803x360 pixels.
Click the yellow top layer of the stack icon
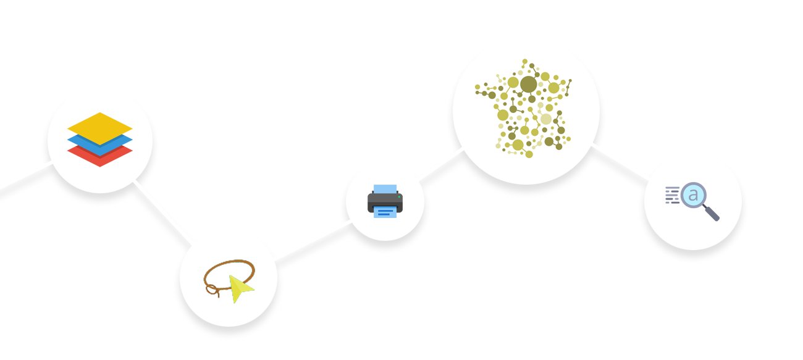click(100, 123)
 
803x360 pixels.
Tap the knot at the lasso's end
click(212, 289)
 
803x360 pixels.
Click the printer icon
click(385, 201)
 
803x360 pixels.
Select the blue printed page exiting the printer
click(385, 212)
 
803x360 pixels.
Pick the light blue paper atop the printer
click(385, 189)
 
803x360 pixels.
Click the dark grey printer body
click(385, 201)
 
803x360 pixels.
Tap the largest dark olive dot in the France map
click(528, 84)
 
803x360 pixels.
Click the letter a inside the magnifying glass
click(693, 195)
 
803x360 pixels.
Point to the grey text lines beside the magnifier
click(672, 195)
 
